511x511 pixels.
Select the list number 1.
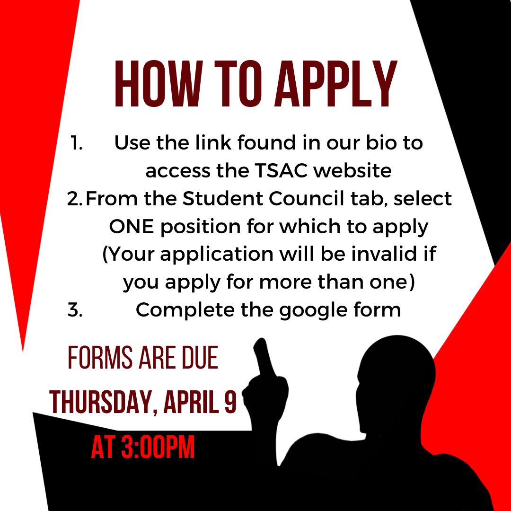tap(77, 143)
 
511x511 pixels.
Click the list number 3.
tap(76, 310)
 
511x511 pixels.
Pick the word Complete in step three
tap(184, 310)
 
